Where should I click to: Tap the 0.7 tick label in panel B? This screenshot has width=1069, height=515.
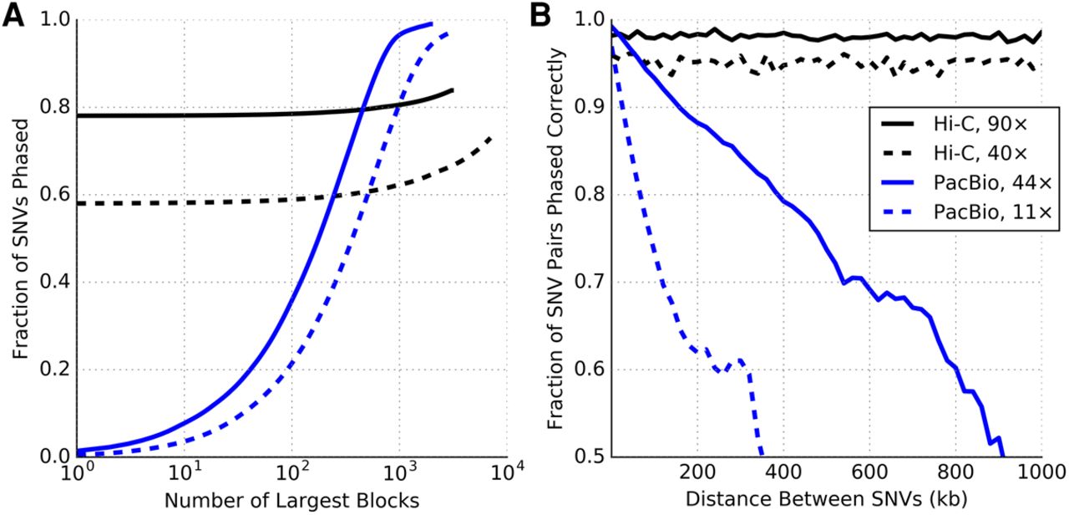590,283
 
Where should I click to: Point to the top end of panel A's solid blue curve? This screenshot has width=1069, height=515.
432,23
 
